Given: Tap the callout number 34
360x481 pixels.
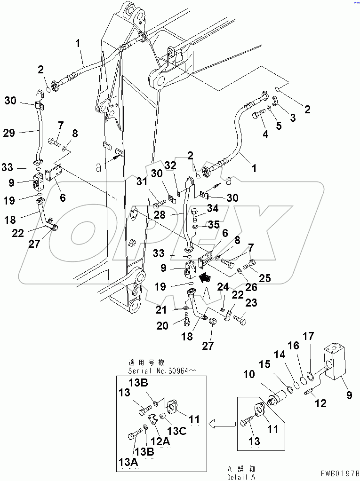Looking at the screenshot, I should pyautogui.click(x=213, y=208).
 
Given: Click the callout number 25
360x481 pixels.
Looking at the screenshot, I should pyautogui.click(x=264, y=278).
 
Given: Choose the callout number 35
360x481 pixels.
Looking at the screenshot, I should pyautogui.click(x=214, y=225).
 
